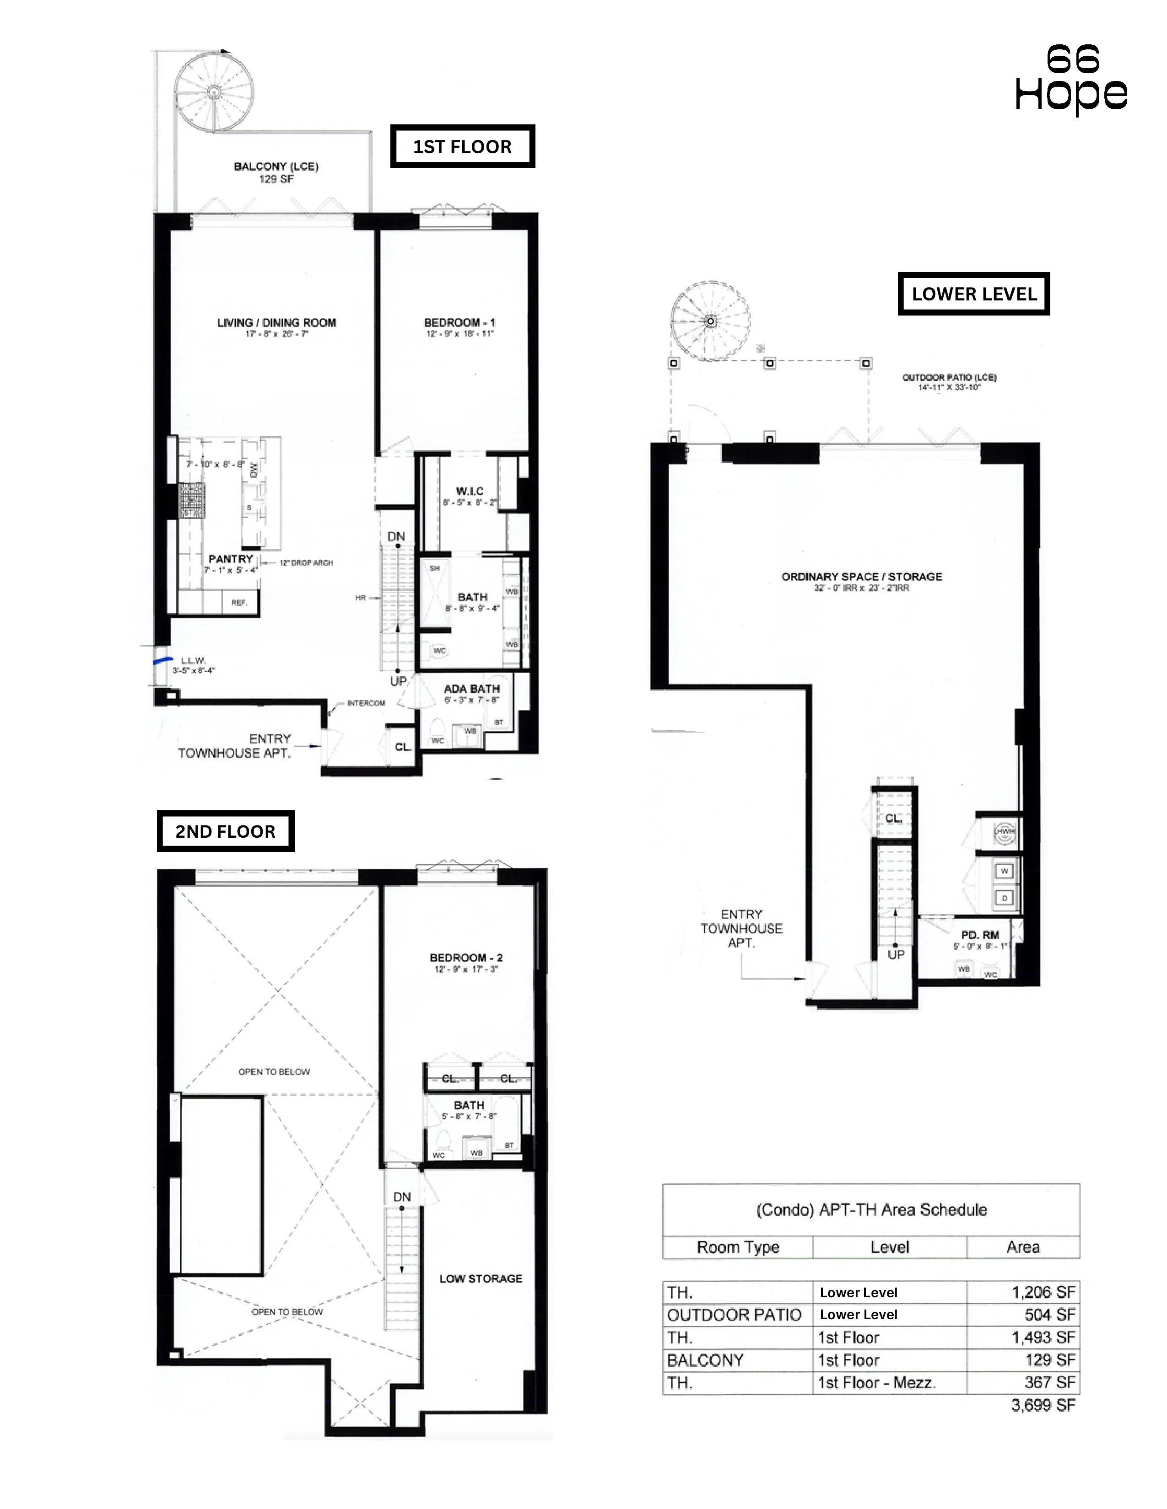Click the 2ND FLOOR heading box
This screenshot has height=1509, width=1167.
pos(225,831)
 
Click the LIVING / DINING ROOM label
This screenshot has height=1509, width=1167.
pos(276,323)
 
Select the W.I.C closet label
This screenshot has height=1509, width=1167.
pos(470,491)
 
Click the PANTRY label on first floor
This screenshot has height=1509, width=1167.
pos(231,559)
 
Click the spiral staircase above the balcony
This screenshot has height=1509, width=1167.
pos(214,91)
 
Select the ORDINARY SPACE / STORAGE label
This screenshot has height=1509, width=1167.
pos(861,576)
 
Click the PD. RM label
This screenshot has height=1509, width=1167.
pos(980,935)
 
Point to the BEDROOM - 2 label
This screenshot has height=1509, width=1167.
pos(466,958)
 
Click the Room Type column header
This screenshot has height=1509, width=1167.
pos(738,1247)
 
